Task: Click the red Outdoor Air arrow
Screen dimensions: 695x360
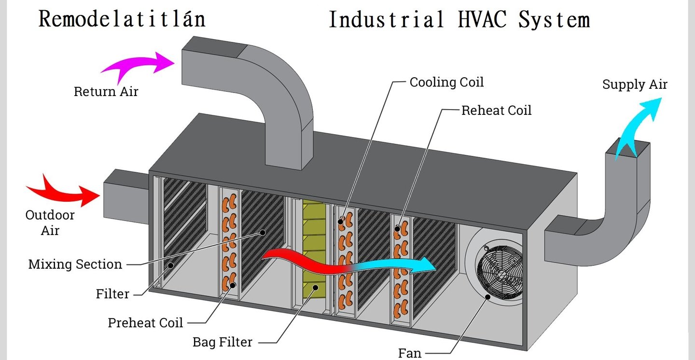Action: [x=63, y=191]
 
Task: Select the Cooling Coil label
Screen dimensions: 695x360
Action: [x=446, y=82]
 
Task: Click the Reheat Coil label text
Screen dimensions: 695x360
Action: [x=497, y=111]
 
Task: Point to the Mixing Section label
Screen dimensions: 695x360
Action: [x=75, y=264]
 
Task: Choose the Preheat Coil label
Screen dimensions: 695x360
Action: [x=146, y=323]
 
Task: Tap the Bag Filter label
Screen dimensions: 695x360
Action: [x=222, y=342]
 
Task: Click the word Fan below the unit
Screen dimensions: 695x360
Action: [x=410, y=353]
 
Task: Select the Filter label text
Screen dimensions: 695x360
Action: [x=112, y=294]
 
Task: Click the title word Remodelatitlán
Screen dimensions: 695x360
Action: [x=122, y=19]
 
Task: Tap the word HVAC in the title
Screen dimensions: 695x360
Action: [x=482, y=19]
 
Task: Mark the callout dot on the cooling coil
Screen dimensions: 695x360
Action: [x=340, y=222]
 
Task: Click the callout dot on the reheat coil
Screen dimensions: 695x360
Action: [x=397, y=229]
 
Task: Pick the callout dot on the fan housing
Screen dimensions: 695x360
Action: [x=488, y=297]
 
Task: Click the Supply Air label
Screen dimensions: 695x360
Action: [x=635, y=84]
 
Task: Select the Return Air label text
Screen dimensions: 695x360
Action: [x=106, y=92]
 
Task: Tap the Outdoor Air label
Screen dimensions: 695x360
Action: [x=50, y=223]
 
